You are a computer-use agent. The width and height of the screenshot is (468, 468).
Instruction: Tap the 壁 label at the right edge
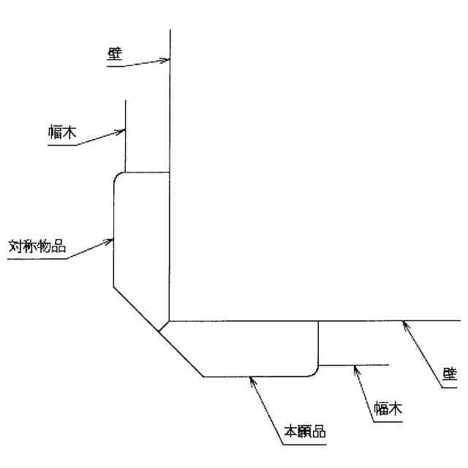450,374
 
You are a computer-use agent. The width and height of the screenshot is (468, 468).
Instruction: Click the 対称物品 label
37,246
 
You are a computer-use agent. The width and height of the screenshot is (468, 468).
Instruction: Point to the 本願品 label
305,431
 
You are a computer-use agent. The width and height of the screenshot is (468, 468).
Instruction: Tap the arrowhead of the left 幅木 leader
124,131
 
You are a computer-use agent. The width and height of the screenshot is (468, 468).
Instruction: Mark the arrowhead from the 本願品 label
252,378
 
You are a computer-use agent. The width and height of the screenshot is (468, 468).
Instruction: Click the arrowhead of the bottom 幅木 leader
355,366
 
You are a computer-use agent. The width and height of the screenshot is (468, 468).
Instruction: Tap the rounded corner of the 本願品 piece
314,371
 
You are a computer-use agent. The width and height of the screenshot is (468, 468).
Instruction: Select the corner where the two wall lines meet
170,320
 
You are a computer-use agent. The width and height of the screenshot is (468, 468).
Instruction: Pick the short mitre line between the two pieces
165,326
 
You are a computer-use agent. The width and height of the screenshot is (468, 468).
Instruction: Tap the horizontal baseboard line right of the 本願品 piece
355,364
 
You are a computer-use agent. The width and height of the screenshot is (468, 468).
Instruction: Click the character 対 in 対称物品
15,246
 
